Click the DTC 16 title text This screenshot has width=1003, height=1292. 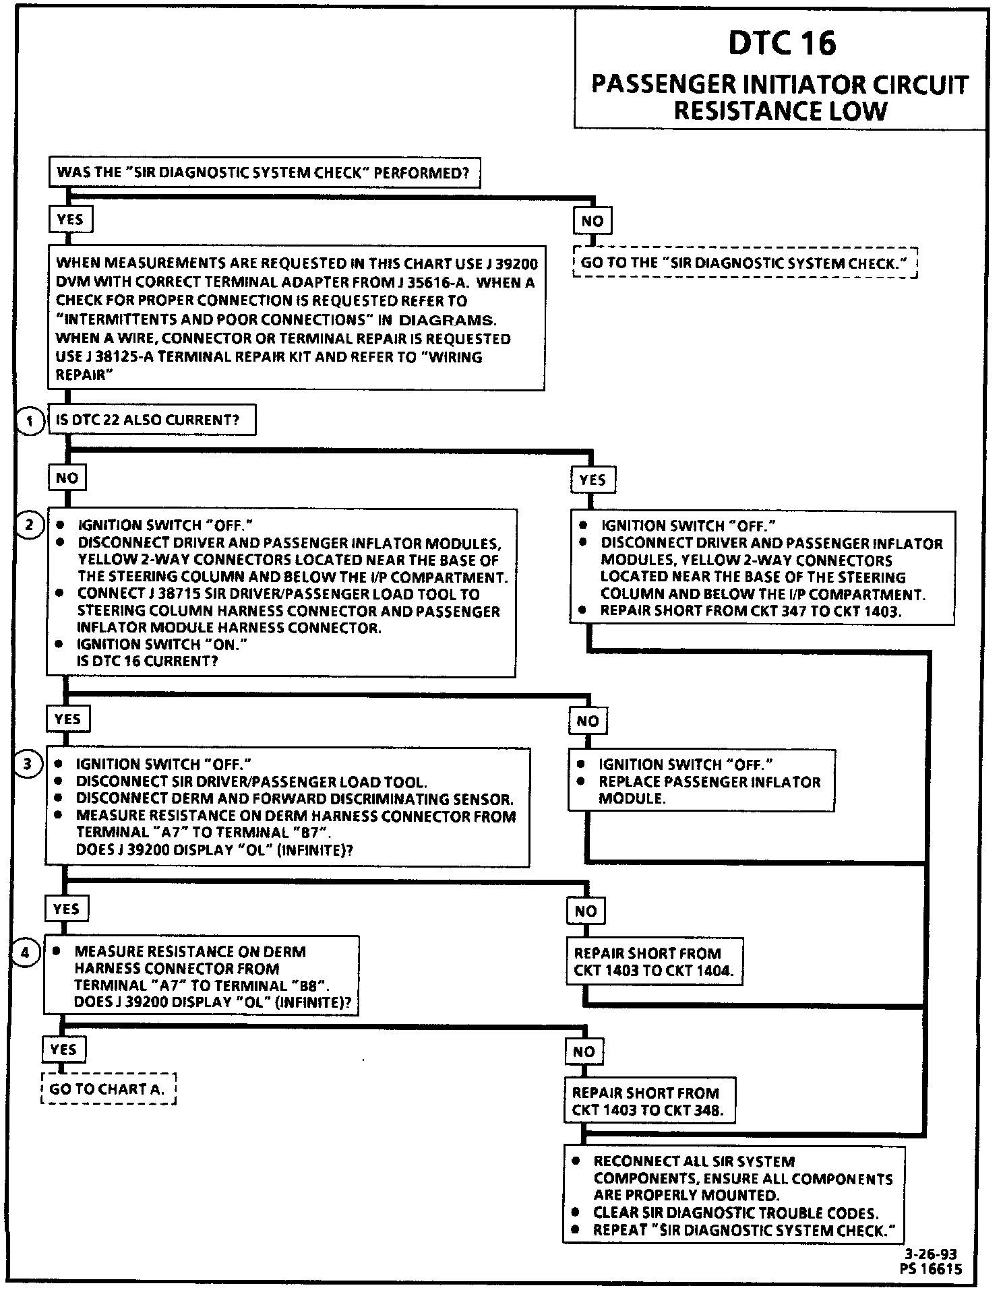coord(781,43)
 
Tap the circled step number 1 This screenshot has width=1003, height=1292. coord(29,422)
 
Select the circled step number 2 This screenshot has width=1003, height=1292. coord(29,524)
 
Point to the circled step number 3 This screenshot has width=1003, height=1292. coord(28,763)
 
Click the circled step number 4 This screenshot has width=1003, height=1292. coord(26,952)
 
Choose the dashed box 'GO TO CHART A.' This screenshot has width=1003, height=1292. coord(108,1089)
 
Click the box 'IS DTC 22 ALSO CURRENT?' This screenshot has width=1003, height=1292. coord(152,420)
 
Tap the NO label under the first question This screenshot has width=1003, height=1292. coord(592,221)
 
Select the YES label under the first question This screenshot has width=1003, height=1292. coord(70,220)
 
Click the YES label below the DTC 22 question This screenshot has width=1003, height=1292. coord(592,480)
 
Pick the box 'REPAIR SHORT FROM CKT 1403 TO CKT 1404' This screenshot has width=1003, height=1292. coord(654,962)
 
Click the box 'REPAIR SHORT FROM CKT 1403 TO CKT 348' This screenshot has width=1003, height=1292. coord(648,1102)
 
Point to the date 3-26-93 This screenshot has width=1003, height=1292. coord(930,1254)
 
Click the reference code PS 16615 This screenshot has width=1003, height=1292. coord(930,1268)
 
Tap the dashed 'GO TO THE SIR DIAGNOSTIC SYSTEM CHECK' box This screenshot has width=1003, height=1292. coord(745,263)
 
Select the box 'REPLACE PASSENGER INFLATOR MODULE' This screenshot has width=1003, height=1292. coord(702,781)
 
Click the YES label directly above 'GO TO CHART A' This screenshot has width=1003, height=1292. coord(63,1049)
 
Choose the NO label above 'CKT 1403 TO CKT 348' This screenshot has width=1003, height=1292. coord(584,1052)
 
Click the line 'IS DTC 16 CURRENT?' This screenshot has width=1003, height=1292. coord(148,661)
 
